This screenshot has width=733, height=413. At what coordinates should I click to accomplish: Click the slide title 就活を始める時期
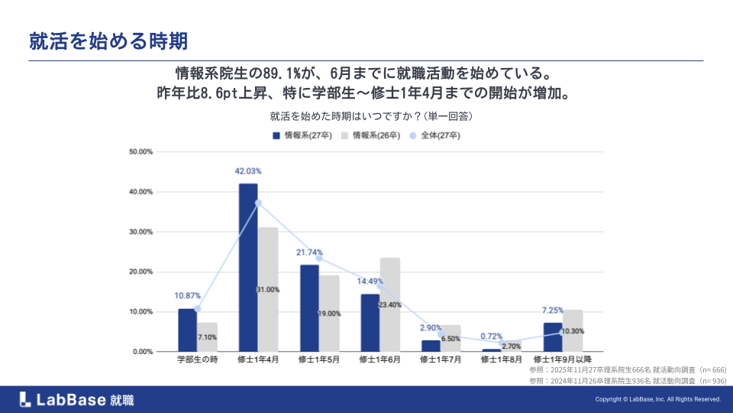click(108, 41)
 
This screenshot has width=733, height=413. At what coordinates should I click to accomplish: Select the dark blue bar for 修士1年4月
click(248, 268)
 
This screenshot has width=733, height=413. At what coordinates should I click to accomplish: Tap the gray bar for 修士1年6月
click(390, 304)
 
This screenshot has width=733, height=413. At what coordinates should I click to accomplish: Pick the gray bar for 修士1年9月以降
click(573, 330)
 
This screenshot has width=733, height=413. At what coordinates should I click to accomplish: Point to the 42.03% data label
click(248, 171)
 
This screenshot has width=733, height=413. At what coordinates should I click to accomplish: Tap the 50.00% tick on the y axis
click(142, 151)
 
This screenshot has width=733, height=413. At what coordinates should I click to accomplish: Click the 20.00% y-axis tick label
click(142, 272)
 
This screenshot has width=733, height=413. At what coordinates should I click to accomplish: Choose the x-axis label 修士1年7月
click(441, 359)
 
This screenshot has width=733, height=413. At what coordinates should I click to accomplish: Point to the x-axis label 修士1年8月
click(502, 359)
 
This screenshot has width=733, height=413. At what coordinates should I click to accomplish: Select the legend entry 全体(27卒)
click(435, 135)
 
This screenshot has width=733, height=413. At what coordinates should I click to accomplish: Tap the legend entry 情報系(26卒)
click(372, 135)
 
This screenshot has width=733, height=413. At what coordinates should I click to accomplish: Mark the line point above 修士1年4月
click(258, 203)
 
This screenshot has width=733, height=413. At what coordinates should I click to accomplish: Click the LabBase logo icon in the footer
click(25, 398)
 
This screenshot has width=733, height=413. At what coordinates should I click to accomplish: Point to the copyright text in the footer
click(657, 399)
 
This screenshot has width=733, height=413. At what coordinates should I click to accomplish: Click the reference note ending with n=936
click(627, 380)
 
